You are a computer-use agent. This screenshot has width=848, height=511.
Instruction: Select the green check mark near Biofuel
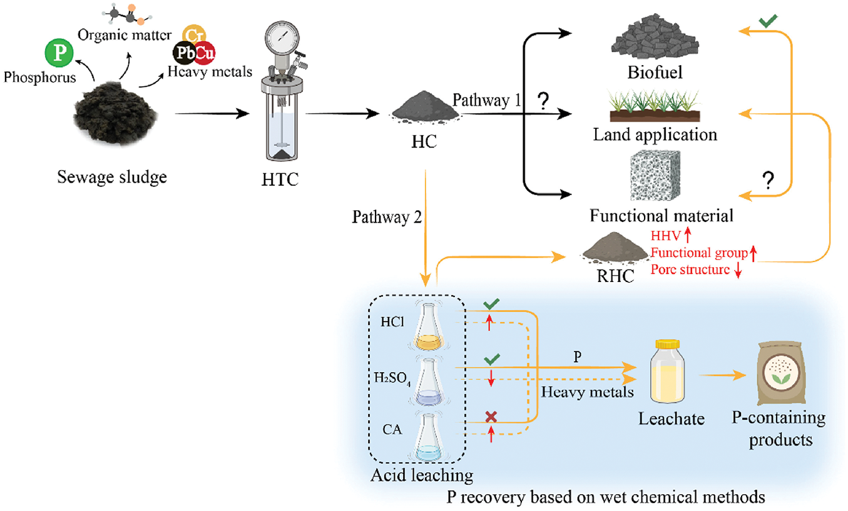tap(770, 23)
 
